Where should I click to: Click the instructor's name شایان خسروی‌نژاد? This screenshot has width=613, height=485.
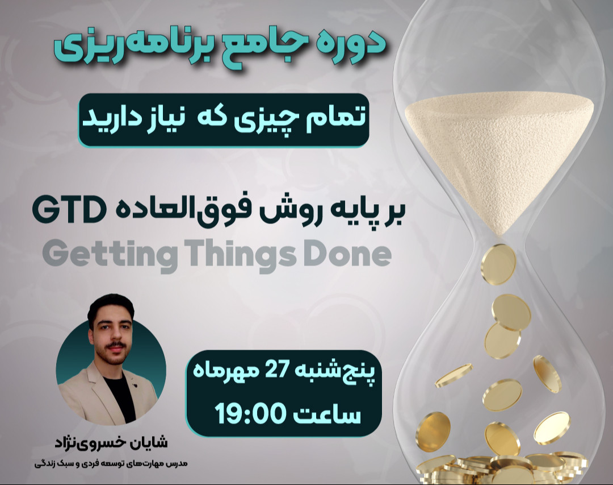pos(111,442)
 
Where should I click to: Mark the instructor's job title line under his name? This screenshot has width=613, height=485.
pos(111,464)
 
